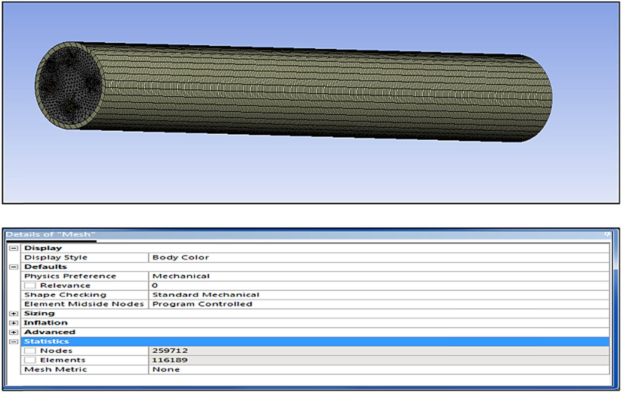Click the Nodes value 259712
pyautogui.click(x=170, y=351)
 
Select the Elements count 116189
pyautogui.click(x=170, y=360)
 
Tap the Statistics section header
pyautogui.click(x=47, y=341)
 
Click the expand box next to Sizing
pyautogui.click(x=14, y=313)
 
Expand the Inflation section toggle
pyautogui.click(x=14, y=323)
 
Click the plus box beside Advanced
pyautogui.click(x=14, y=332)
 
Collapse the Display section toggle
pyautogui.click(x=14, y=248)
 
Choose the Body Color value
pyautogui.click(x=181, y=257)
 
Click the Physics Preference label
pyautogui.click(x=70, y=276)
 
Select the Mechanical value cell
pyautogui.click(x=181, y=276)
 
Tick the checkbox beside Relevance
pyautogui.click(x=30, y=285)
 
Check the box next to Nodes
pyautogui.click(x=30, y=351)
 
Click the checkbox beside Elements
pyautogui.click(x=30, y=360)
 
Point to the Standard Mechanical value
pyautogui.click(x=206, y=295)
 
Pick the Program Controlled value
pyautogui.click(x=202, y=304)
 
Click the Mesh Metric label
pyautogui.click(x=55, y=370)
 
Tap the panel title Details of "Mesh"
pyautogui.click(x=50, y=235)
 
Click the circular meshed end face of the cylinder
pyautogui.click(x=70, y=85)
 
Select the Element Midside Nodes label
pyautogui.click(x=84, y=304)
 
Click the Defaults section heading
pyautogui.click(x=45, y=267)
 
